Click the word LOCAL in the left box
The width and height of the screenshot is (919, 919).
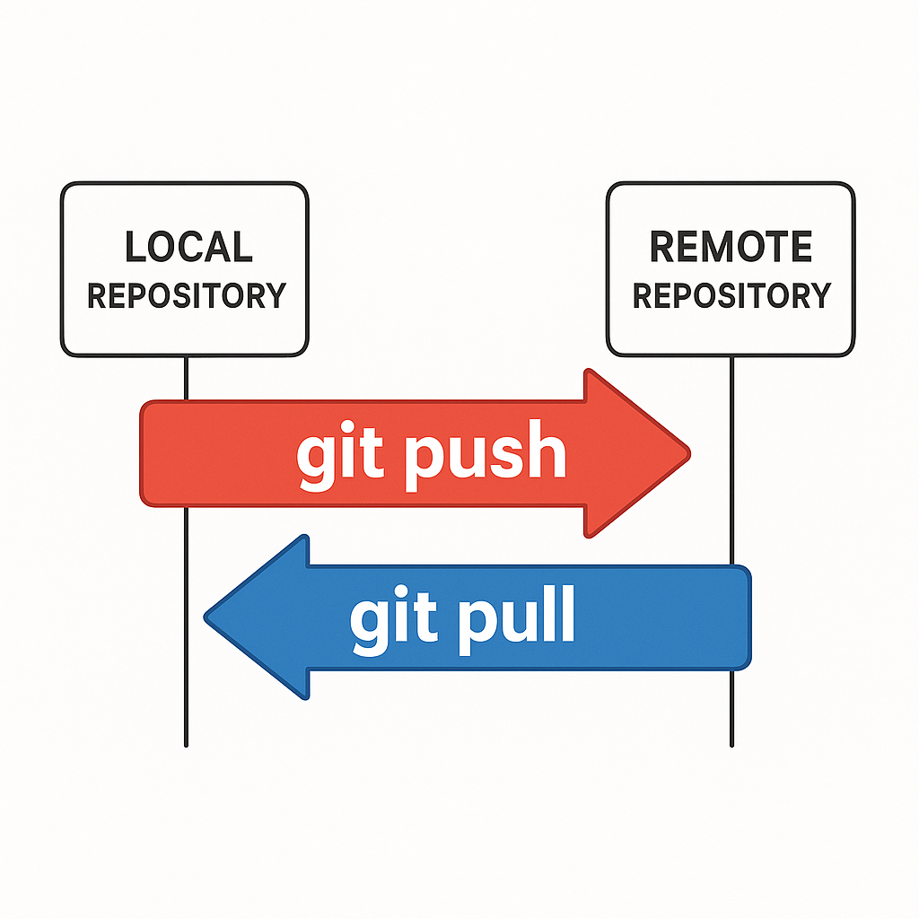188,248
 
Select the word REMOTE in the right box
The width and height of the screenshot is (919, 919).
731,248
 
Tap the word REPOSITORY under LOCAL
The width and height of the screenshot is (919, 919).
186,295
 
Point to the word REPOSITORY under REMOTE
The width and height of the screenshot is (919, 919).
731,295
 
